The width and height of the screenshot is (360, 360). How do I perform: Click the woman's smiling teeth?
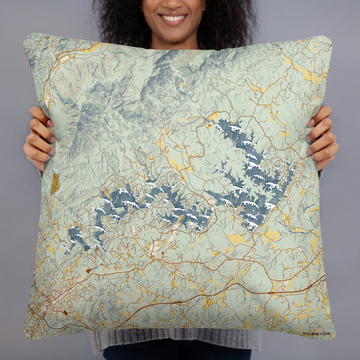[174, 19]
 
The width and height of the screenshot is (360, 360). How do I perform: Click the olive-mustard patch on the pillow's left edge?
[55, 183]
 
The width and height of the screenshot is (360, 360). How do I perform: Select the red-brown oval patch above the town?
[88, 270]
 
